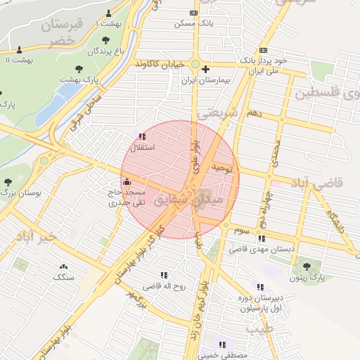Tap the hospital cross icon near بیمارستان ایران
coord(205,70)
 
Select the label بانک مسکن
coord(193,23)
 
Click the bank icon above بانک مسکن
coord(193,13)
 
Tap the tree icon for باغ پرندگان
coord(105,40)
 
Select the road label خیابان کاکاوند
coord(162,64)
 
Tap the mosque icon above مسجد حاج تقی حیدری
coord(127,182)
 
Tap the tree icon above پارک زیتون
coord(307,266)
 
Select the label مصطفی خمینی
coord(223,356)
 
